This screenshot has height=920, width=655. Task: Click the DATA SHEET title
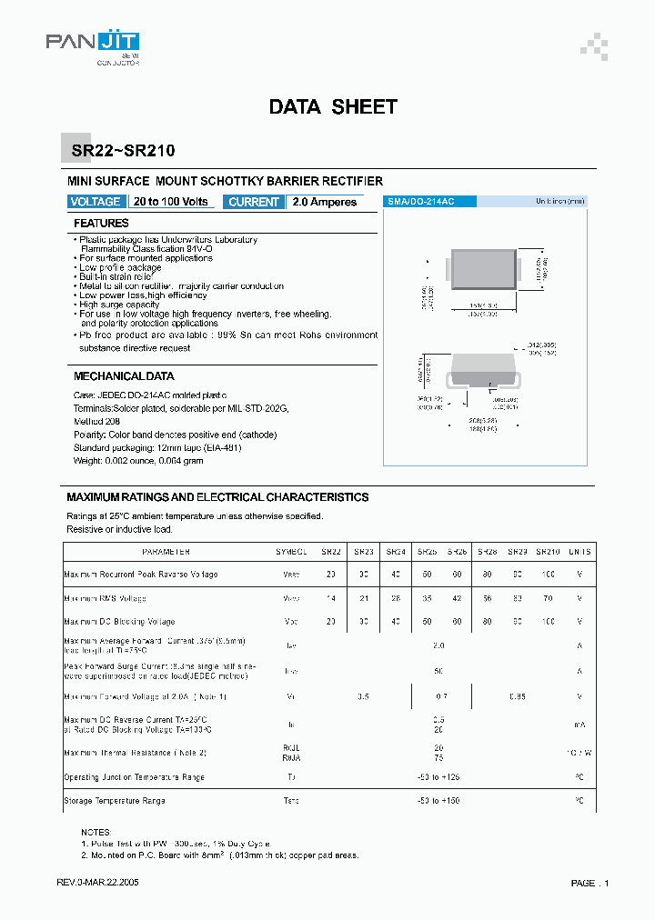coord(333,106)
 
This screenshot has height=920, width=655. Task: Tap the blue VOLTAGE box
coord(95,202)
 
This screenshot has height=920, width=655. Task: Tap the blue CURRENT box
coord(254,202)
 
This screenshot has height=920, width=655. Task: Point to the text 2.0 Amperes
coord(326,202)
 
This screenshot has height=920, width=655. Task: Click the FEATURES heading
coord(101,223)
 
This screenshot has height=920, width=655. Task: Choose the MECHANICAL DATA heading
coord(124,375)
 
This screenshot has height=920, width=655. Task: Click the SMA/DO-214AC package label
coord(420,201)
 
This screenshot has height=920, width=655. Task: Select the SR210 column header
coord(548,552)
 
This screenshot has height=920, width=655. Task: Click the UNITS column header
coord(579,552)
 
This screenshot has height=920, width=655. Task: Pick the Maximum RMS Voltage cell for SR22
coord(331,598)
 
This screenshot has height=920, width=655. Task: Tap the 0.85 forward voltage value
coord(516,696)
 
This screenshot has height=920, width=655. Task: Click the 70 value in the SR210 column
coord(548,598)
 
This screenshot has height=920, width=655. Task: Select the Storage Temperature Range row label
coord(115,801)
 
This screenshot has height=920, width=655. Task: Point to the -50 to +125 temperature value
coord(439,777)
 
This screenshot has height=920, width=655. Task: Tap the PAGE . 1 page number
coord(590,883)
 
